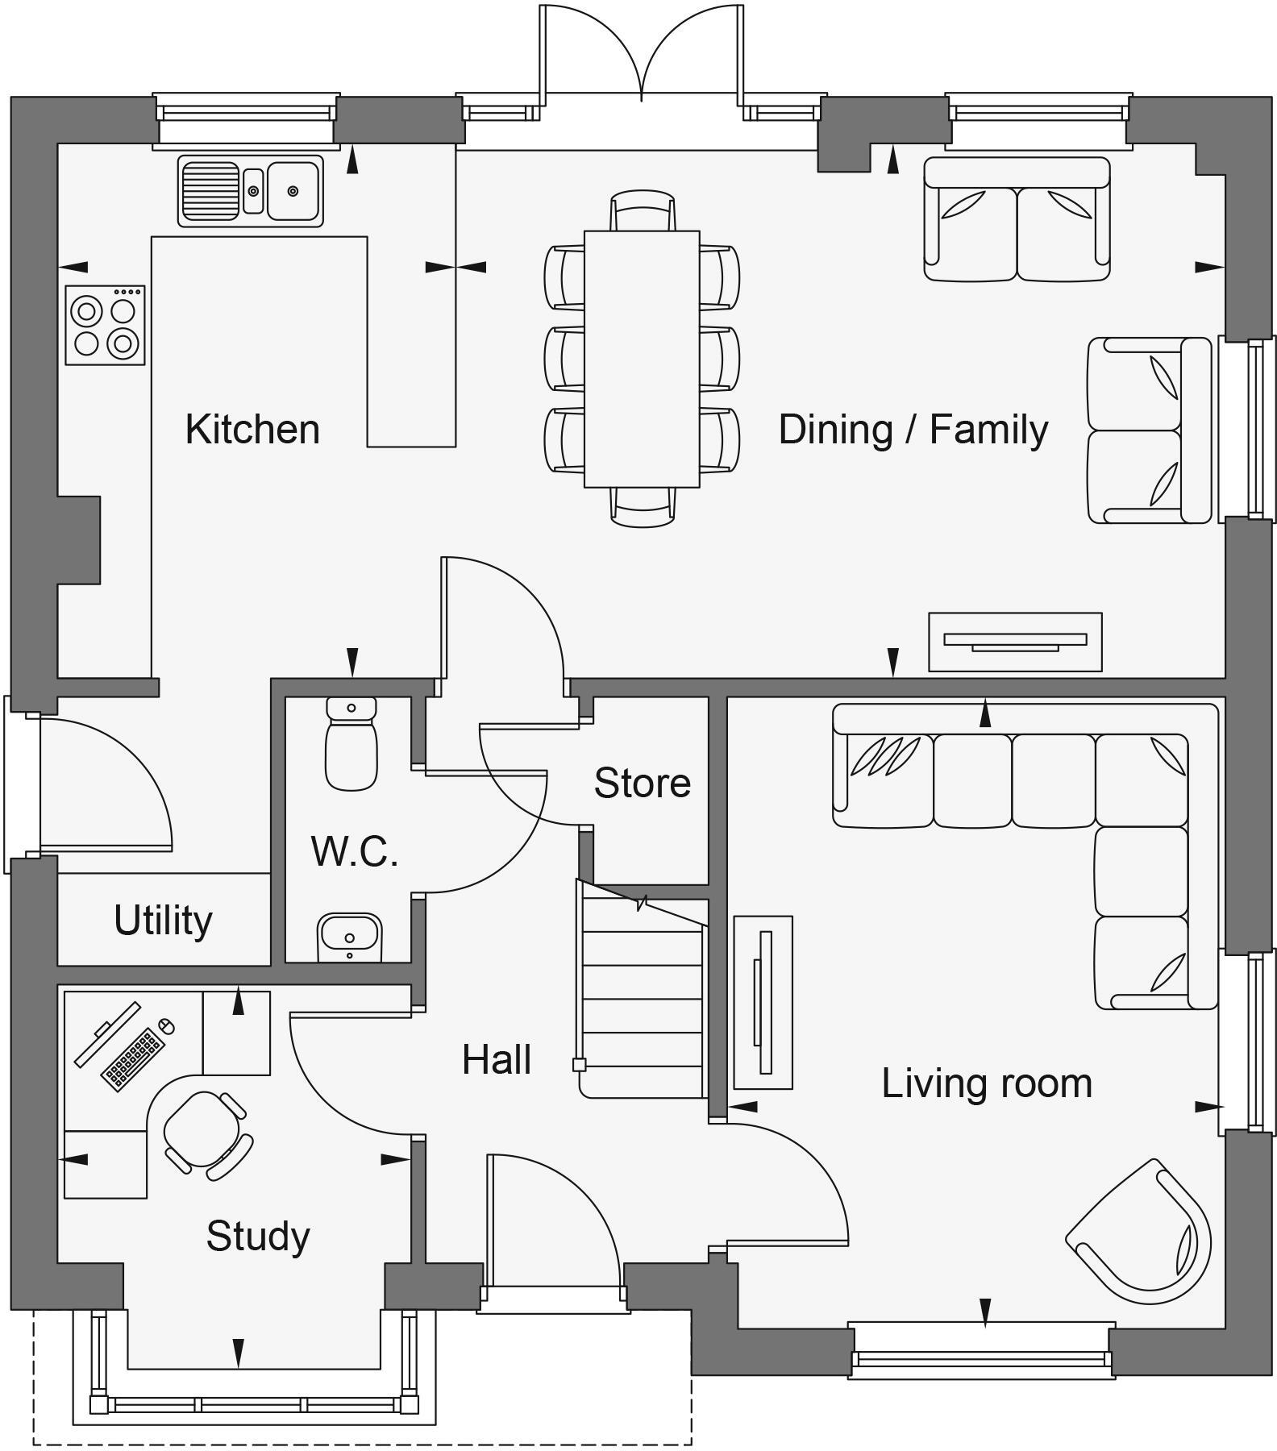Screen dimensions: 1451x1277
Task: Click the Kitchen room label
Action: coord(252,429)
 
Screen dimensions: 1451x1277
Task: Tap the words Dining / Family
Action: coord(913,429)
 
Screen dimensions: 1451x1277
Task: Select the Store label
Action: coord(642,783)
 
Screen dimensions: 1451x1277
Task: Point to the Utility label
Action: coord(163,920)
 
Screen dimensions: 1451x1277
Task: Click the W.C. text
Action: coord(355,850)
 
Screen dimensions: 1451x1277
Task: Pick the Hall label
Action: coord(497,1059)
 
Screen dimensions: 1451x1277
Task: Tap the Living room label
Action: coord(987,1083)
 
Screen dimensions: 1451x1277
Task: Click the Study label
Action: coord(258,1236)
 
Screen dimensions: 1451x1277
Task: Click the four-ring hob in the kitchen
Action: coord(105,325)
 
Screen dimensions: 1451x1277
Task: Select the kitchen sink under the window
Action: coord(251,191)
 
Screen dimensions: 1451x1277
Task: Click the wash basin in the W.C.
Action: coord(349,937)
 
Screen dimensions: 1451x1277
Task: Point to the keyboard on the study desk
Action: coord(133,1059)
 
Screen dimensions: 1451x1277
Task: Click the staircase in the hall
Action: coord(642,1000)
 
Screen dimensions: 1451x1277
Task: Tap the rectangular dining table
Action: coord(642,359)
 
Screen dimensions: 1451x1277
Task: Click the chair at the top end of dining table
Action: coord(643,210)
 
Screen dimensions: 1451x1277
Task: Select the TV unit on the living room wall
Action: coord(763,1002)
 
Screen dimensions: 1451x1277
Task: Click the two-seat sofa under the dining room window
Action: coord(1017,219)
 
